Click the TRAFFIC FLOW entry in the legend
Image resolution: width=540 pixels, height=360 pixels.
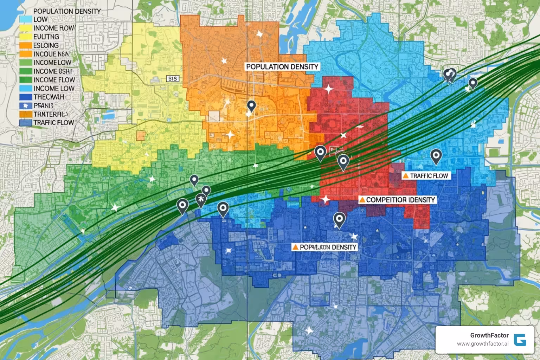(53, 123)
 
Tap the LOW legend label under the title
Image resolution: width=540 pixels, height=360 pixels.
(40, 20)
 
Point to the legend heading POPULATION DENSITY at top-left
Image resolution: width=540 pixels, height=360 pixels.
(67, 11)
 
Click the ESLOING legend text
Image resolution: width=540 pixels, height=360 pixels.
(46, 45)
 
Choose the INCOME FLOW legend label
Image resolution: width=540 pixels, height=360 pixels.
(54, 80)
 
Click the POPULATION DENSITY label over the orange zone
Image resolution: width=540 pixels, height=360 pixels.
(282, 66)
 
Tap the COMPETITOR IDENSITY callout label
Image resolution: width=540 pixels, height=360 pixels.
(400, 200)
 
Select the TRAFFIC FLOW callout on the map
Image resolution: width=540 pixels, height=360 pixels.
(429, 175)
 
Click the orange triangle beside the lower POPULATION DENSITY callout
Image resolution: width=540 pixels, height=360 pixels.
(295, 247)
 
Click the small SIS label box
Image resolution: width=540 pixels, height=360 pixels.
(173, 79)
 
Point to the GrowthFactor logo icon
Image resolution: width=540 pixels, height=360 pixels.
(520, 340)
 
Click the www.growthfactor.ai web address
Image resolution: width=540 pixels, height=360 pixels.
(483, 344)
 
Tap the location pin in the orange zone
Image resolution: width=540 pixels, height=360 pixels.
(251, 105)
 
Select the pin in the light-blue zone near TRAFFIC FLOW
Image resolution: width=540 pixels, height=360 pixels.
(436, 156)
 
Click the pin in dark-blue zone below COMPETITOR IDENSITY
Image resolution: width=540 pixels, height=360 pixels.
(339, 219)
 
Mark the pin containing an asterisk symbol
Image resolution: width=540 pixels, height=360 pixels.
(200, 200)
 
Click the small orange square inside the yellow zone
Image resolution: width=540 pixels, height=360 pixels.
(141, 135)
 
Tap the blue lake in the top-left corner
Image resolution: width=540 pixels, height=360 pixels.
(7, 14)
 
